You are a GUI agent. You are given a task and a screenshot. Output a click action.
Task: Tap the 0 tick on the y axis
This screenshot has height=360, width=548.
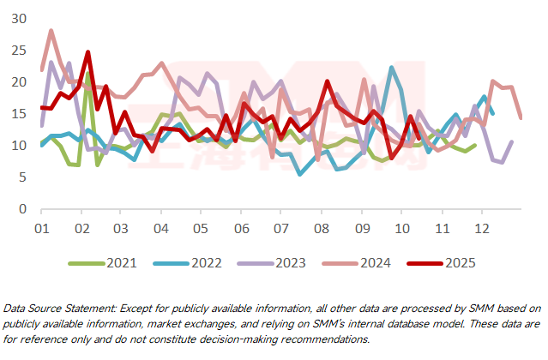[x=24, y=208]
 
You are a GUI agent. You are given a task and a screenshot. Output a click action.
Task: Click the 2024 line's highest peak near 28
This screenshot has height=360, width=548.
[x=51, y=31]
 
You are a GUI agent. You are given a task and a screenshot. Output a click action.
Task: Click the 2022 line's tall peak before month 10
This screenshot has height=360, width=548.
[x=392, y=68]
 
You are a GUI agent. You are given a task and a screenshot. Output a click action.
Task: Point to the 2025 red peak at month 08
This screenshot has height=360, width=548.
[x=327, y=81]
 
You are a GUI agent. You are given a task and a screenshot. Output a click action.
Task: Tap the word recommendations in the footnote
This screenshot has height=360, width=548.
[x=322, y=339]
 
